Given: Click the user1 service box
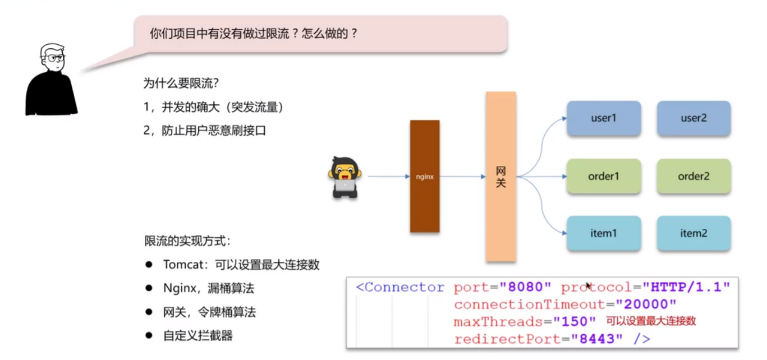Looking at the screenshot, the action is click(x=604, y=118).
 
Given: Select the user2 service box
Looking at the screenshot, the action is click(x=693, y=118).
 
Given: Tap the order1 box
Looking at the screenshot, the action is click(x=604, y=176).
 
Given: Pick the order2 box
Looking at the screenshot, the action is click(x=693, y=176).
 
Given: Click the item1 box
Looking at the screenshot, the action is click(x=604, y=233).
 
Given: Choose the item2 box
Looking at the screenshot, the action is click(x=693, y=233).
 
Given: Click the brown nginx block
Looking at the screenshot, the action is click(x=425, y=176).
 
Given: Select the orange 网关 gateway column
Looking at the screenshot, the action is click(x=500, y=177).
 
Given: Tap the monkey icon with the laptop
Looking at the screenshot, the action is click(x=345, y=177).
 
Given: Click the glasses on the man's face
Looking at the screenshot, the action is click(x=56, y=58).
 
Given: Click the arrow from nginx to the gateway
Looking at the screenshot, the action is click(x=462, y=177).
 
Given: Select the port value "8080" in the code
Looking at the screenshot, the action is click(x=526, y=287).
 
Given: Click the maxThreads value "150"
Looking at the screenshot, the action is click(x=575, y=322).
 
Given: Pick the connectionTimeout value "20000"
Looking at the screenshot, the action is click(x=646, y=304).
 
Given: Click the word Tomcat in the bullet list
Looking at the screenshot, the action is click(x=183, y=265).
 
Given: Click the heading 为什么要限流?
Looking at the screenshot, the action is click(x=181, y=83).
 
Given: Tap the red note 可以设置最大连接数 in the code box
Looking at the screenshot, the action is click(x=651, y=321).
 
